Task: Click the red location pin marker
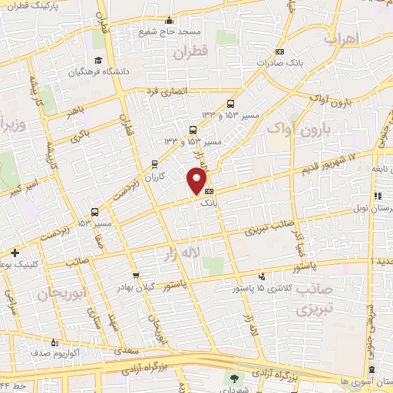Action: pos(196,180)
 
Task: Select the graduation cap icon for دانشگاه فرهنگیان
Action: pos(97,61)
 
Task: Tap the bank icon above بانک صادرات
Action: pos(279,51)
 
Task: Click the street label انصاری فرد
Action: pos(162,91)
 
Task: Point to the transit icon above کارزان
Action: pos(155,163)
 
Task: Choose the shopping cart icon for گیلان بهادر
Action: pos(137,275)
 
